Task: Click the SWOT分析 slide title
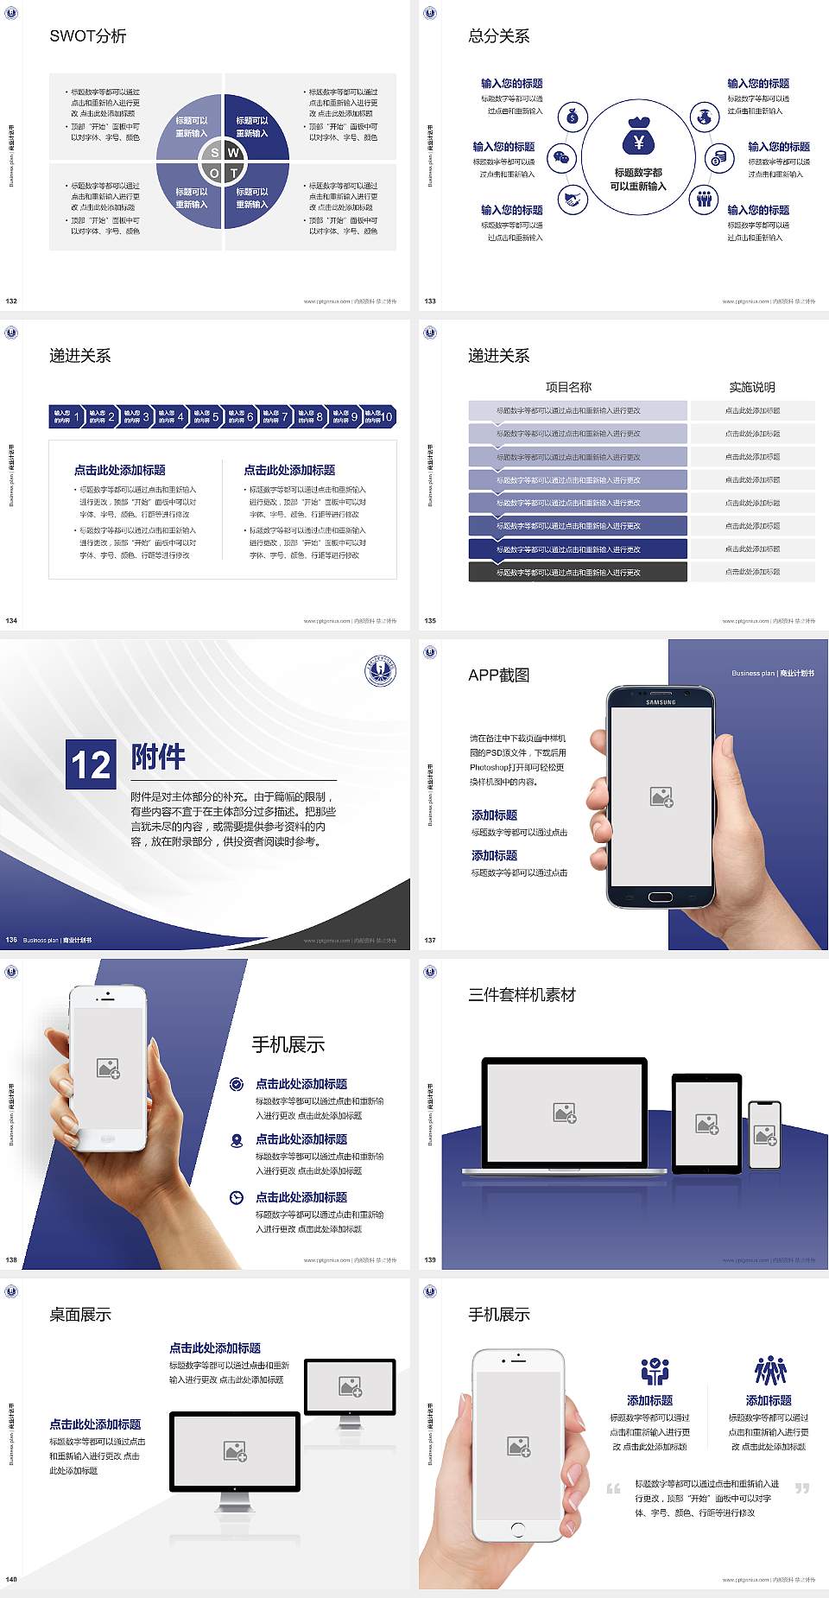tap(88, 36)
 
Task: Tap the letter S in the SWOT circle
tap(215, 153)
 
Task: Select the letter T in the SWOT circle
tap(233, 173)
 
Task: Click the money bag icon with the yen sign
tap(638, 136)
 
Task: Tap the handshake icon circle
tap(573, 200)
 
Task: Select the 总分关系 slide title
tap(499, 36)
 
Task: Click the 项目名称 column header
tap(569, 387)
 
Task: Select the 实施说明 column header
tap(752, 387)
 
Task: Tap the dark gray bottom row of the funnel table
tap(578, 572)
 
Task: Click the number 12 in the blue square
tap(91, 764)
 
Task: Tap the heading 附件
tap(158, 757)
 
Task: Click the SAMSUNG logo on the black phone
tap(661, 702)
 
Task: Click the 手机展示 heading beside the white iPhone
tap(288, 1044)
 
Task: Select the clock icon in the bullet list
tap(237, 1197)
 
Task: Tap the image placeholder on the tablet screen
tap(706, 1124)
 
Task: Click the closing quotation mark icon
tap(802, 1487)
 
